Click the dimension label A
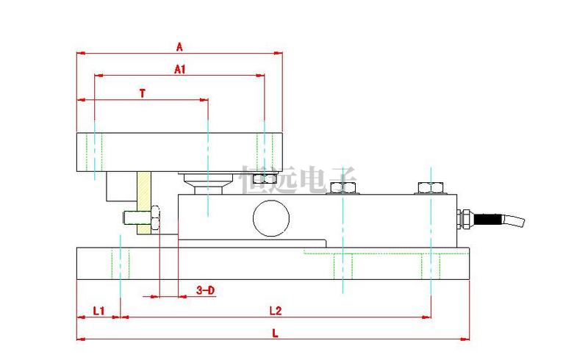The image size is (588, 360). tap(179, 47)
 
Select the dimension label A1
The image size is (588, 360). tap(180, 69)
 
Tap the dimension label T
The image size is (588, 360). tap(143, 93)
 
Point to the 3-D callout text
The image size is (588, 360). tap(206, 290)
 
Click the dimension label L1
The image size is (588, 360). tap(98, 311)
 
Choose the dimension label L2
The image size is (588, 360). tap(275, 311)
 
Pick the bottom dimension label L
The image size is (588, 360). tap(275, 334)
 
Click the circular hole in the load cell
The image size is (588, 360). tap(271, 218)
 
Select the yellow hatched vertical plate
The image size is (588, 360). tap(144, 203)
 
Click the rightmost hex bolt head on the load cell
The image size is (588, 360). tap(431, 187)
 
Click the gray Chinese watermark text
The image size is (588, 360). tap(298, 180)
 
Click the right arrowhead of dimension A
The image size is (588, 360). tap(279, 53)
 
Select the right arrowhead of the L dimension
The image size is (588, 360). tap(465, 339)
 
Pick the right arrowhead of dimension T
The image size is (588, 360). tap(204, 100)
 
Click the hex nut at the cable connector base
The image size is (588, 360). tap(466, 219)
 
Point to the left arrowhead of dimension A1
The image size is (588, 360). tap(98, 76)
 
